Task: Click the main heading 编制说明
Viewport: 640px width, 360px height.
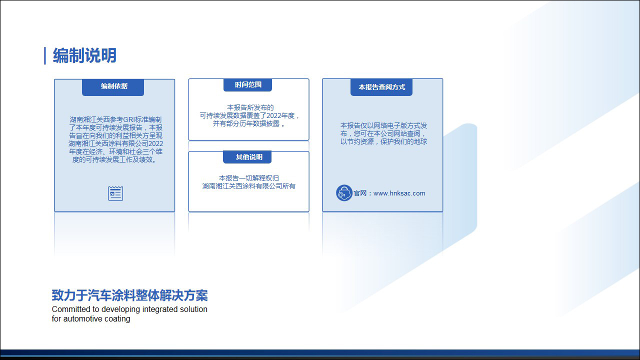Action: [84, 55]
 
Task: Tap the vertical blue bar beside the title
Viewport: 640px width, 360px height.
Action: [45, 55]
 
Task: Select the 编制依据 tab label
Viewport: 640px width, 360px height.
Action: [114, 86]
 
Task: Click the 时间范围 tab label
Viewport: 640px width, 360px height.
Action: [248, 84]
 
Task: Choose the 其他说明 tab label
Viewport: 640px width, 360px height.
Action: [249, 157]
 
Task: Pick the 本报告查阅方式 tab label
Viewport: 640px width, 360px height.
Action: [381, 87]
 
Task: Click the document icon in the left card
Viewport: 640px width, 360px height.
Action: [115, 193]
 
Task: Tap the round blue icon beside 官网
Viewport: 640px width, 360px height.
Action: [344, 193]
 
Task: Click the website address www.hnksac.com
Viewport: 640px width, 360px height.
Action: [399, 193]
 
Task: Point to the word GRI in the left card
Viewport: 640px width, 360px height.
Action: [128, 119]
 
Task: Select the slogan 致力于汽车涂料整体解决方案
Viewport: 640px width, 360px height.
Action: [129, 295]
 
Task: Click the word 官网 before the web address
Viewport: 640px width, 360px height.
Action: [360, 193]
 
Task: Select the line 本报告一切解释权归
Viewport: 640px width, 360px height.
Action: [249, 178]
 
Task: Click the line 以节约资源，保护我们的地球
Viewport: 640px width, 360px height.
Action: [383, 141]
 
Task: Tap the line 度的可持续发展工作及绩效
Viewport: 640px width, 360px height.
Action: [114, 159]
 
